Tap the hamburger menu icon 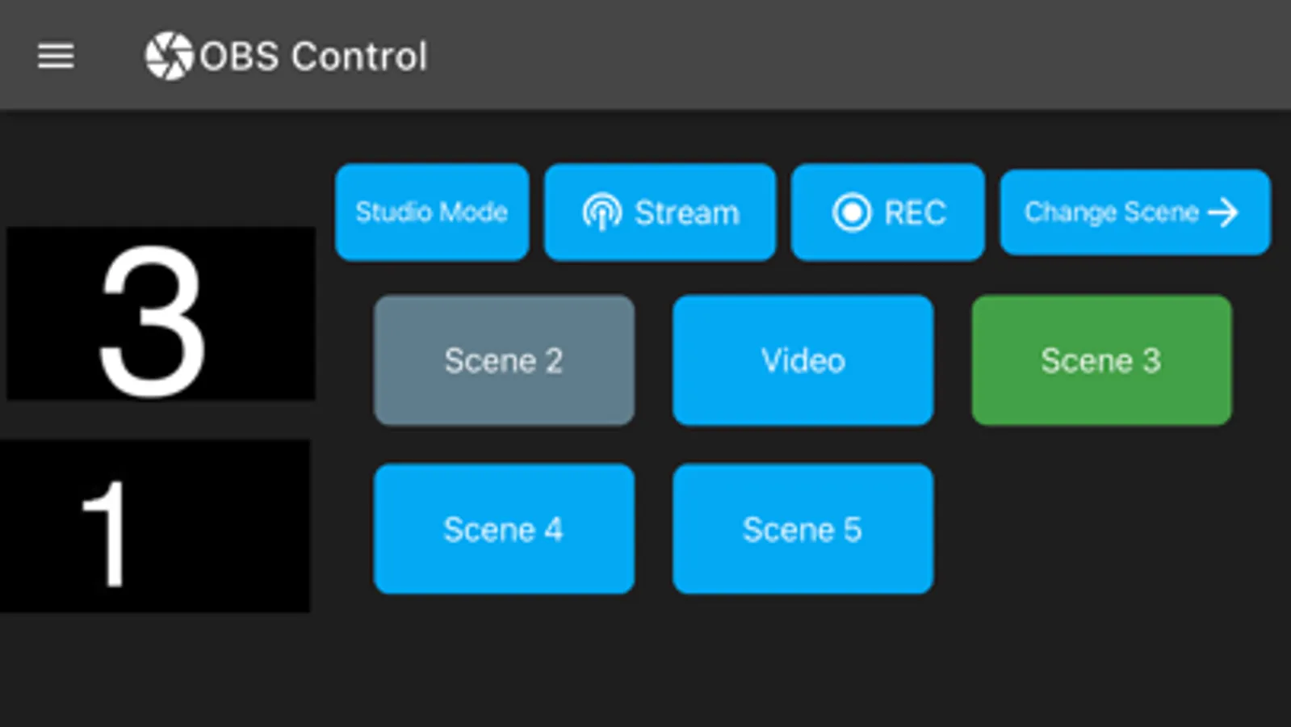pos(56,56)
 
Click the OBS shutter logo pos(169,56)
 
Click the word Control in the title pos(358,57)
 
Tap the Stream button pos(660,212)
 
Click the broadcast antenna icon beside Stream pos(601,212)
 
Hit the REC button pos(887,212)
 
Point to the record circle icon pos(851,212)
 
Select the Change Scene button pos(1134,212)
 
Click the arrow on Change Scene pos(1223,212)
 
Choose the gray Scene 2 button pos(504,360)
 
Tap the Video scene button pos(803,360)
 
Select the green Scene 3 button pos(1101,360)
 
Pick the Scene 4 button pos(504,529)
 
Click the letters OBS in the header pos(240,57)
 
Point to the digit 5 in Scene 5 pos(853,530)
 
